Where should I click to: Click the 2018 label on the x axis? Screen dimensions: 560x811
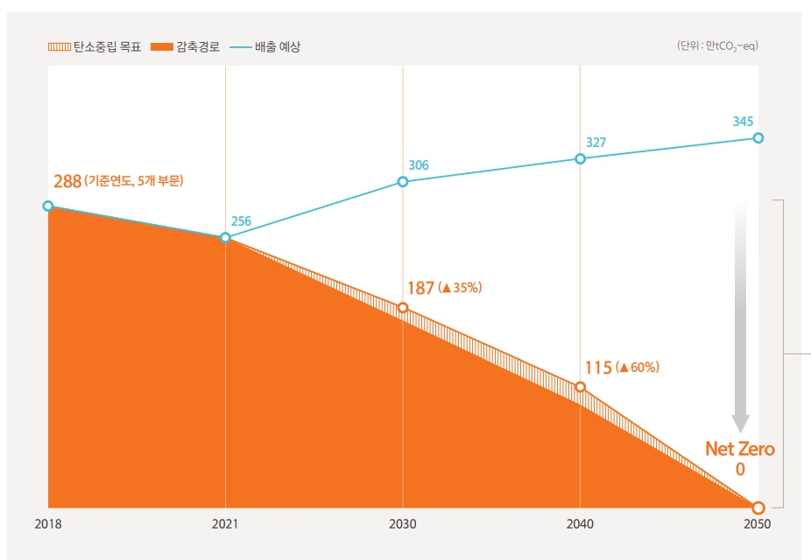point(48,524)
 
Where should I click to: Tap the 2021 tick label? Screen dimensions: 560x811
point(226,524)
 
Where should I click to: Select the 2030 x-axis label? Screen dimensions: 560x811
point(403,524)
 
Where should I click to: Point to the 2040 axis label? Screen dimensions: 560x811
point(580,524)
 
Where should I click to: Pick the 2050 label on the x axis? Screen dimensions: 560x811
point(758,524)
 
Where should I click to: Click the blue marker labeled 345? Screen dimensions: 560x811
point(758,138)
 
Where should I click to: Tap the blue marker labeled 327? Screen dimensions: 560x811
point(580,158)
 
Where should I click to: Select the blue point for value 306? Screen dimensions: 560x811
point(403,182)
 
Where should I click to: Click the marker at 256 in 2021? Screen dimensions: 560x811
point(226,237)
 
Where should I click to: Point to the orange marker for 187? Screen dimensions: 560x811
point(403,308)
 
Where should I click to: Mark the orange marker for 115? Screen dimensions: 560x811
point(580,387)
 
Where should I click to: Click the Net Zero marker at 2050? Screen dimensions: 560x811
point(758,507)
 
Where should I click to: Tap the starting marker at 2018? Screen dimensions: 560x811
point(48,206)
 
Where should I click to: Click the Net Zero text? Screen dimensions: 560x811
point(740,450)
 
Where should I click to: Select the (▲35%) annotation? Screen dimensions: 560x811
point(462,288)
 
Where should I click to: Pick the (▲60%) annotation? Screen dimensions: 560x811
point(638,367)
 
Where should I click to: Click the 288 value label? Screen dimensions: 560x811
point(67,182)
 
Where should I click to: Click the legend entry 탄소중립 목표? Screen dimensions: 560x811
point(95,46)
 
